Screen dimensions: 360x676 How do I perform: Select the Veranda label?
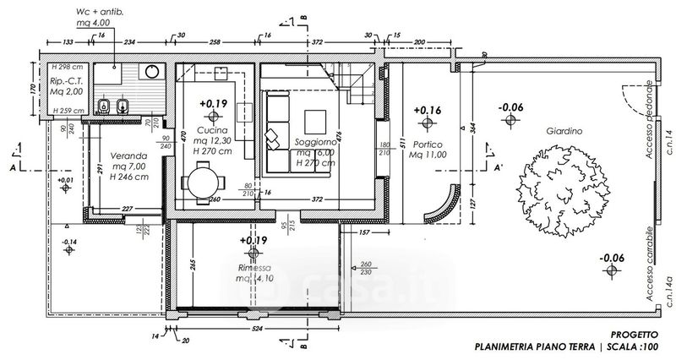[x=116, y=157]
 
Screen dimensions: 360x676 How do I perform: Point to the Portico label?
[x=426, y=145]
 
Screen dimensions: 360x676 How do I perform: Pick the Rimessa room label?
[x=253, y=267]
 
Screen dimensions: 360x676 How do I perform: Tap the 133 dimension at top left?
[x=63, y=41]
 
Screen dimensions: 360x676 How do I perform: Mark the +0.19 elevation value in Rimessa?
[x=253, y=241]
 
